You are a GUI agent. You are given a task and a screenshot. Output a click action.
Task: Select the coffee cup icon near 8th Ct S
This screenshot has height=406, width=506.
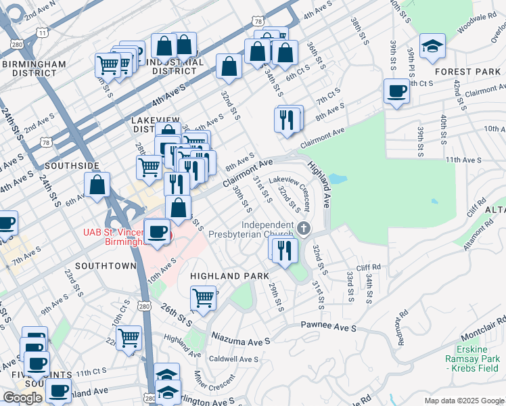(396, 91)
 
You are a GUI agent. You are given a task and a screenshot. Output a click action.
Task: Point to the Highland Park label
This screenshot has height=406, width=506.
(229, 276)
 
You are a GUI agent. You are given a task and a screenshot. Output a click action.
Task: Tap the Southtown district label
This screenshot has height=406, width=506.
(106, 266)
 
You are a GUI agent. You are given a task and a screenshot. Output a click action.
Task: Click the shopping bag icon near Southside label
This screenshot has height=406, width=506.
(97, 185)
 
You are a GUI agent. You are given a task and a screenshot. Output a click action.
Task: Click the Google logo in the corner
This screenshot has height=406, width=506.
(22, 398)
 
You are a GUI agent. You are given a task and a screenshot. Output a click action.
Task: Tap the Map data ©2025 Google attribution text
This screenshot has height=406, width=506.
(464, 401)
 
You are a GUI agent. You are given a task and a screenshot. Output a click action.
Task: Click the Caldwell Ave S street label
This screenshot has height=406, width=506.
(234, 359)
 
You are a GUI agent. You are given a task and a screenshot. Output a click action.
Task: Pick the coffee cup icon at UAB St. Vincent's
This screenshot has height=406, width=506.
(158, 231)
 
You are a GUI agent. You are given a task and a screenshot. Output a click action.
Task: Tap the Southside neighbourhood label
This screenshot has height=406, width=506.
(72, 165)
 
